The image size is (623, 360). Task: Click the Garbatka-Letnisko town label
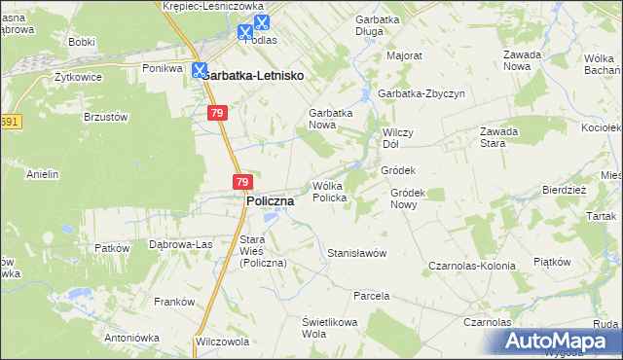255,75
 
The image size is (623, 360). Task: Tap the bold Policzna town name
272,200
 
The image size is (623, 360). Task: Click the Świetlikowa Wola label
329,328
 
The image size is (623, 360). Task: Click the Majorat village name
404,56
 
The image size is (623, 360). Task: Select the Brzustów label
107,117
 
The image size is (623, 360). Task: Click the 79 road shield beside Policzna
242,181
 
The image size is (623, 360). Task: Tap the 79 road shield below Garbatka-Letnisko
219,114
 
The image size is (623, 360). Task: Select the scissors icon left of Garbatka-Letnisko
200,70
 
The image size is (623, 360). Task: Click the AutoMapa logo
558,341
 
